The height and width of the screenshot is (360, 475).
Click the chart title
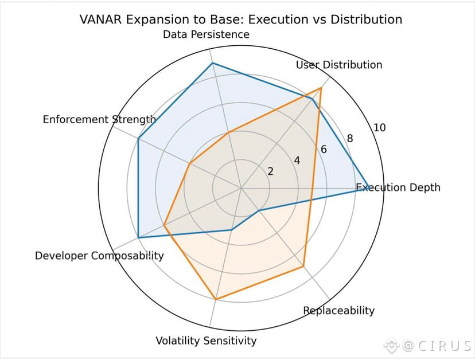pos(241,19)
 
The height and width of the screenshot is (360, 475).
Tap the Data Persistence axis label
pos(206,34)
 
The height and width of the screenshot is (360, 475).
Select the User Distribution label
pos(338,65)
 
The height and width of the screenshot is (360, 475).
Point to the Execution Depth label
pos(398,187)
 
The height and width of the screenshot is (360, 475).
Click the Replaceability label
pos(338,311)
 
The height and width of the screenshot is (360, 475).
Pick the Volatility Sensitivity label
pos(206,341)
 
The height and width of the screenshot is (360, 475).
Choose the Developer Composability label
pos(99,256)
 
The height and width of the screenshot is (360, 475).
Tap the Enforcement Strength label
pos(99,119)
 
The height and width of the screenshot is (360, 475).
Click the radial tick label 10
pos(379,127)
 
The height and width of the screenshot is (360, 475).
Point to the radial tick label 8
pos(350,138)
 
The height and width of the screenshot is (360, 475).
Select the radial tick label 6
pos(324,150)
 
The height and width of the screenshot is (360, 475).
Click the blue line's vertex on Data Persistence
pos(212,63)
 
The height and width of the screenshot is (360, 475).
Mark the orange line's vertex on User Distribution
pos(321,88)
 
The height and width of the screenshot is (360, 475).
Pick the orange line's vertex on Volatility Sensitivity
pos(216,299)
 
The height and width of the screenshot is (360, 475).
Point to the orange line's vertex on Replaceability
pos(303,267)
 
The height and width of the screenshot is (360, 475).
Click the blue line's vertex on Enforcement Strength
pos(138,138)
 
